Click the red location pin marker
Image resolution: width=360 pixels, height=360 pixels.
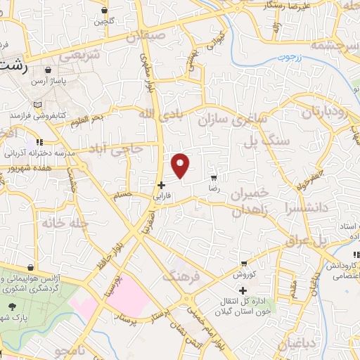181,165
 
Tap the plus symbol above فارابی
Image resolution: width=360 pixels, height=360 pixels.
162,185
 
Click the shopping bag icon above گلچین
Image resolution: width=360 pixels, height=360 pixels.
105,11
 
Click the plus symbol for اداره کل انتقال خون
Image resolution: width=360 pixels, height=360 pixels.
244,290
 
